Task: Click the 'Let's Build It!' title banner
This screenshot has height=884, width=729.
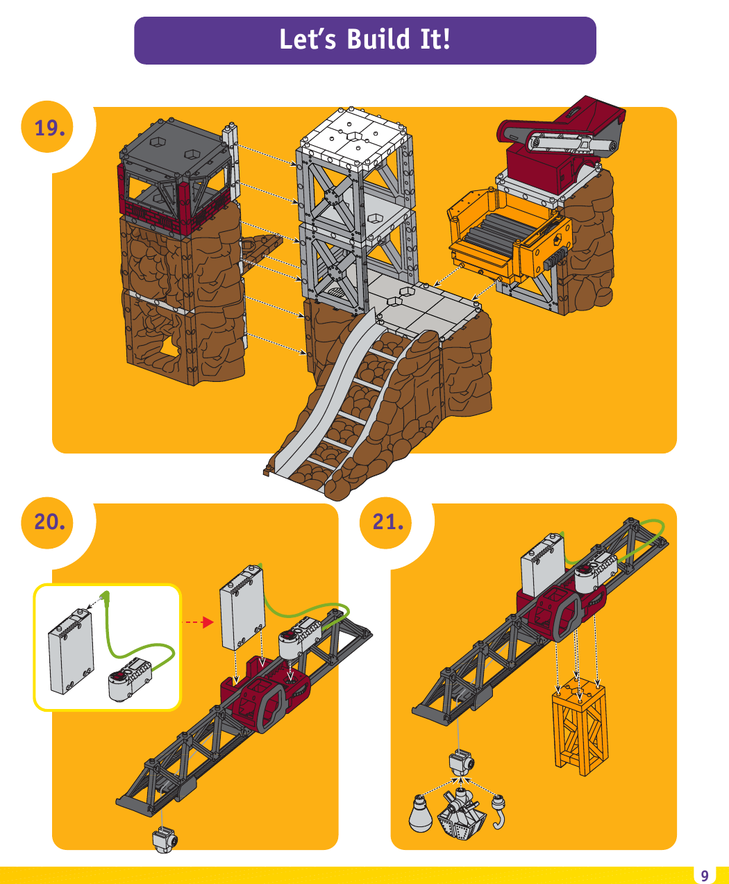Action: (364, 40)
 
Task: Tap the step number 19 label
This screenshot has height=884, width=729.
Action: (50, 128)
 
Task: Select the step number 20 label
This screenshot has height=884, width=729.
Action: (50, 521)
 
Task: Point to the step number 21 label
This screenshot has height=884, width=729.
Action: (388, 522)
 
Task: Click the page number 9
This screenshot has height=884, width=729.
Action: (705, 875)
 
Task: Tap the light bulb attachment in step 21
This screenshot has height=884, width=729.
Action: (420, 813)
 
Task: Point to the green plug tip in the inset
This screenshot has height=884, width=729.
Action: (106, 595)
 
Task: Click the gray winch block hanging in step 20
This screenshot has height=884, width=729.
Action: (165, 840)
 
